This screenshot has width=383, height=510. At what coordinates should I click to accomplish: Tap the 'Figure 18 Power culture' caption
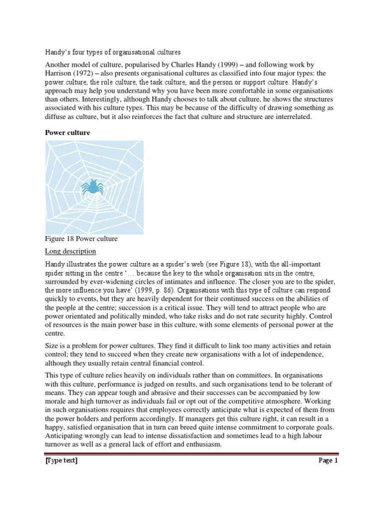click(81, 239)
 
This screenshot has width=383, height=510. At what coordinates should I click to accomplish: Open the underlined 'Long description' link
click(70, 251)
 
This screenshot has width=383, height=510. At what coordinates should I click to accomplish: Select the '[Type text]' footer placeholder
click(61, 461)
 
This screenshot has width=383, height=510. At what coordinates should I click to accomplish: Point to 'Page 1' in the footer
click(328, 461)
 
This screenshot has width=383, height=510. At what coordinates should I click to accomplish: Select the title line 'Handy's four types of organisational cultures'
click(113, 52)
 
